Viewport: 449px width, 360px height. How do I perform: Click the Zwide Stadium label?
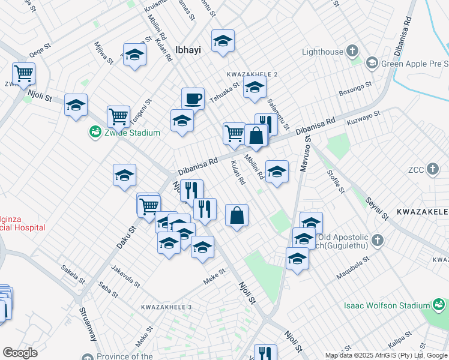pyautogui.click(x=131, y=133)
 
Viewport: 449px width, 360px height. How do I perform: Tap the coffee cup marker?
pyautogui.click(x=193, y=98)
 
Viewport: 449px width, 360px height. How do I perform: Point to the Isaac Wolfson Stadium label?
pyautogui.click(x=386, y=305)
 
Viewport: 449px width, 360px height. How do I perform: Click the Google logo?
pyautogui.click(x=20, y=353)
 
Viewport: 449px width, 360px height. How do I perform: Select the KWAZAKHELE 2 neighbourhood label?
pyautogui.click(x=252, y=74)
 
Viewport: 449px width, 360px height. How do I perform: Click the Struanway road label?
pyautogui.click(x=88, y=325)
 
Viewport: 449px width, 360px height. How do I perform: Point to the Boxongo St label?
pyautogui.click(x=355, y=93)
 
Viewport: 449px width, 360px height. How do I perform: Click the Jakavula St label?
pyautogui.click(x=126, y=276)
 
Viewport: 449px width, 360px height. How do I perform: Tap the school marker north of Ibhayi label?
pyautogui.click(x=223, y=41)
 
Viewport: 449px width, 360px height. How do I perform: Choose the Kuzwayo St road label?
pyautogui.click(x=364, y=118)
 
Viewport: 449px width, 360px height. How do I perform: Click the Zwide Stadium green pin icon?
pyautogui.click(x=94, y=132)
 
